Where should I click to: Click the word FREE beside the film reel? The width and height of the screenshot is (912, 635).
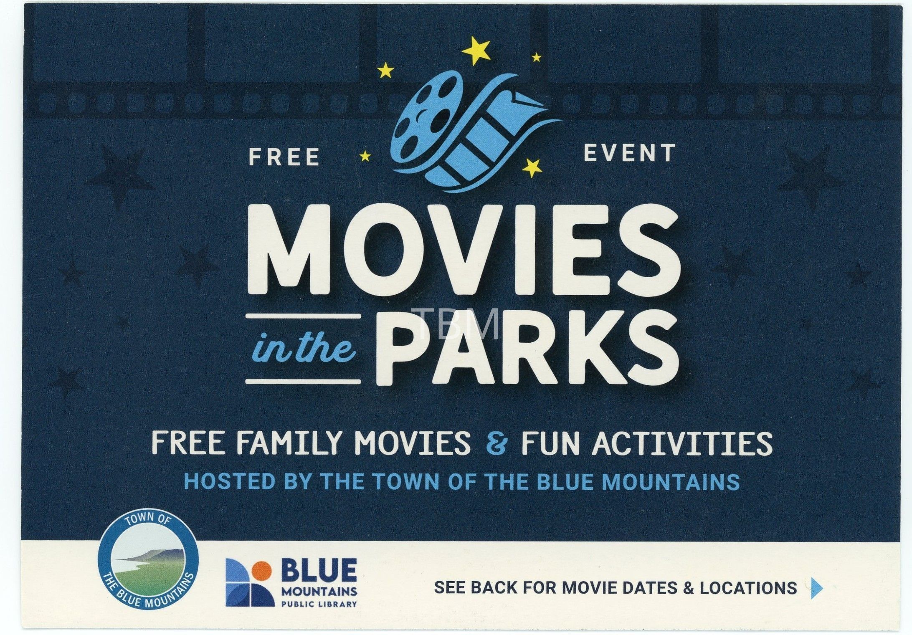pyautogui.click(x=284, y=157)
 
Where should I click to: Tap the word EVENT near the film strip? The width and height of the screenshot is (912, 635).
pyautogui.click(x=629, y=153)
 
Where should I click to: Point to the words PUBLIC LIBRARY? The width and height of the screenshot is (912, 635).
pyautogui.click(x=319, y=603)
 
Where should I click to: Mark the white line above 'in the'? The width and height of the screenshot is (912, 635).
pyautogui.click(x=303, y=317)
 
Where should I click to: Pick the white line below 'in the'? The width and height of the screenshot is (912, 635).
pyautogui.click(x=303, y=381)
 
